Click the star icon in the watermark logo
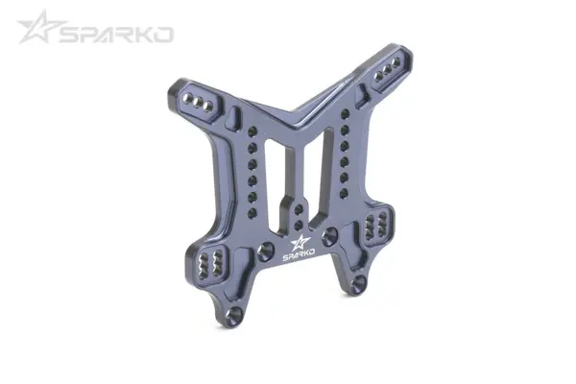(37, 27)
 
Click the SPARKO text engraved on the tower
(299, 256)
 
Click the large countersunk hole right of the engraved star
(329, 233)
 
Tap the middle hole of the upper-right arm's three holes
(389, 72)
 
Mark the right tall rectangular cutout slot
(323, 163)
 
